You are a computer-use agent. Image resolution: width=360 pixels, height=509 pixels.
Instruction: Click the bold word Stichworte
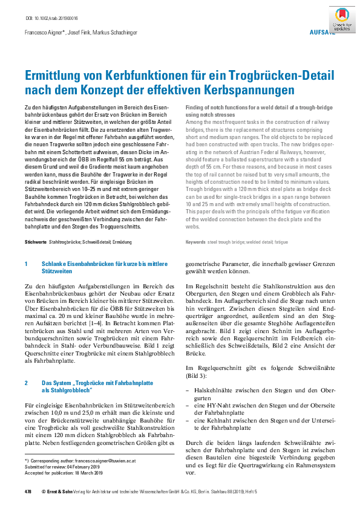click(x=35, y=242)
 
